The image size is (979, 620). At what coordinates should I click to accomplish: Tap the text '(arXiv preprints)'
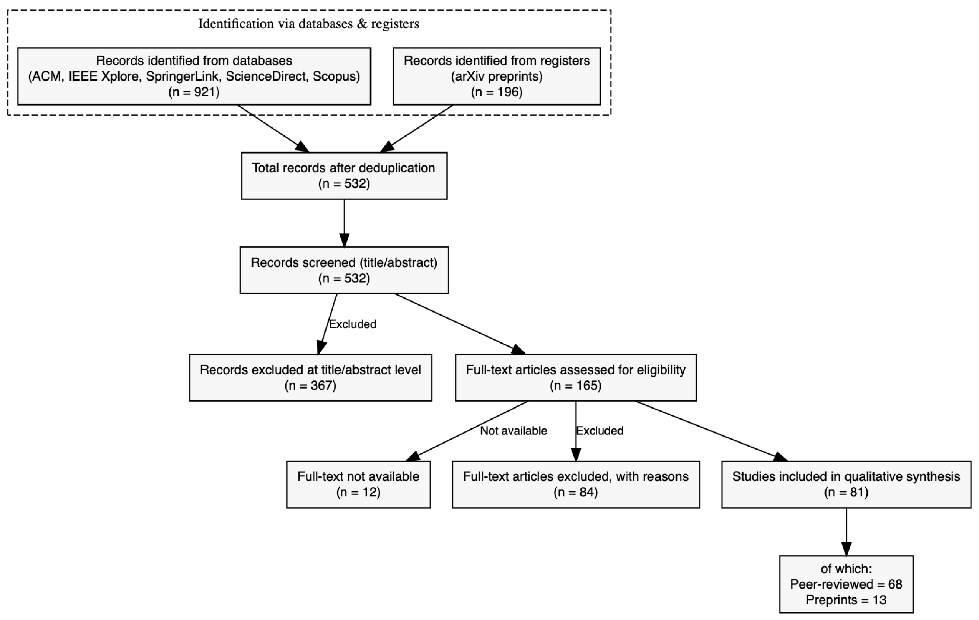497,76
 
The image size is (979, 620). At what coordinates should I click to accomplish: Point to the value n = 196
497,92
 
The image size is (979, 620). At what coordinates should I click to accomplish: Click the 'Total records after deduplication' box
344,176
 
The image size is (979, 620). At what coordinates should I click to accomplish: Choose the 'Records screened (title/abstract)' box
344,270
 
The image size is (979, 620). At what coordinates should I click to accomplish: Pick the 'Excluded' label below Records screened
352,324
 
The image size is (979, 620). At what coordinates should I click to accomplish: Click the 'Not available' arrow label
513,431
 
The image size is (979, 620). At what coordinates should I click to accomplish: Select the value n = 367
311,385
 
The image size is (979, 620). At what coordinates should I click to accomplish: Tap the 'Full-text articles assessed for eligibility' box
576,377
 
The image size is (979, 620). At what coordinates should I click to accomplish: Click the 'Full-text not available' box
359,484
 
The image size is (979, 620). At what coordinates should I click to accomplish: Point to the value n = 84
576,492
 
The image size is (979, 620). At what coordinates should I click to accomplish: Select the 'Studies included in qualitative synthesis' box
847,484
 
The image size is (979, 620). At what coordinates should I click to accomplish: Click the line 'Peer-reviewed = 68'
847,584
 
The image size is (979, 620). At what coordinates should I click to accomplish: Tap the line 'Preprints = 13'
847,600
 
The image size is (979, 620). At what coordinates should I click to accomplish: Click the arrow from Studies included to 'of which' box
847,532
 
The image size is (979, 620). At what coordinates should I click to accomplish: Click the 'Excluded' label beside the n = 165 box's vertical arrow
600,431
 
